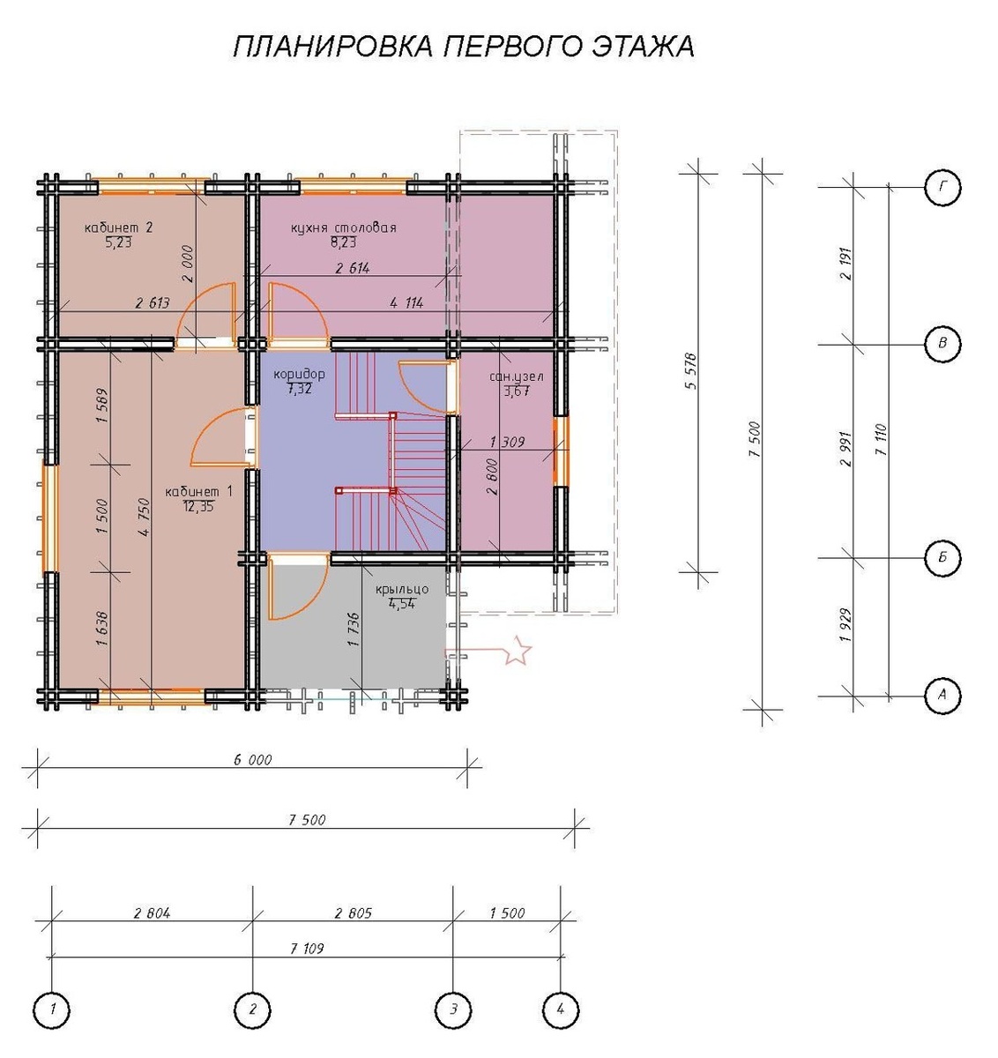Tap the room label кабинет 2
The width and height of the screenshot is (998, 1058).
tap(119, 228)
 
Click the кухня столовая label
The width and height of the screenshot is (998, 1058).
tap(343, 228)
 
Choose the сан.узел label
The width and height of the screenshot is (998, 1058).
tap(516, 377)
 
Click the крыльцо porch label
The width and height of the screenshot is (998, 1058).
tap(401, 589)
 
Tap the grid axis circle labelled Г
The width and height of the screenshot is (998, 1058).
tap(942, 187)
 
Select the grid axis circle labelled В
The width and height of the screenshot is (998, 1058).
tap(942, 344)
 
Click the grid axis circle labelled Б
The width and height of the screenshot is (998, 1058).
tap(942, 557)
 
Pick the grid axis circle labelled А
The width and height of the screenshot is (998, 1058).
tap(942, 695)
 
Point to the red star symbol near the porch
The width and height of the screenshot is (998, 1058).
tap(518, 652)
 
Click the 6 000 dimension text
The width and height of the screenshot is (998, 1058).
tap(252, 759)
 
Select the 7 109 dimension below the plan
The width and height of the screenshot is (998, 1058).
tap(306, 949)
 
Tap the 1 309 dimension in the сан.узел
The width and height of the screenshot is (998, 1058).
tap(506, 443)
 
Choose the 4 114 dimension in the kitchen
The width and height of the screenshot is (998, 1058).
tap(406, 302)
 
